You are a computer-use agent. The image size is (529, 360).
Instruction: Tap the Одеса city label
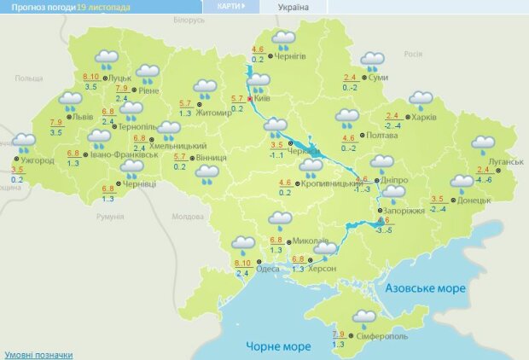coord(267,268)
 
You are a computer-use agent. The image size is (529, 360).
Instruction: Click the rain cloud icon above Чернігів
coord(283,39)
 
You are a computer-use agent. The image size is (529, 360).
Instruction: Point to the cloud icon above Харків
coord(420,100)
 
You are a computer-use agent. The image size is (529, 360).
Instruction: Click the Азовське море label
coord(426,288)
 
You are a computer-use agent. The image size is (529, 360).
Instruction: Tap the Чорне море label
coord(278,345)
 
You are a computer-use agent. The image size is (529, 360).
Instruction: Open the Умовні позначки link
coord(38,354)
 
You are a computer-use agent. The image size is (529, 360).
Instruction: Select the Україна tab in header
coord(294,8)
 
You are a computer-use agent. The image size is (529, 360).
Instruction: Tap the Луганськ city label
coord(506,161)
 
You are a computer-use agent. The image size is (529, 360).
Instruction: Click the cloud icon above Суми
coord(372,61)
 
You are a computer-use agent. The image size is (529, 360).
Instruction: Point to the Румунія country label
coord(110,217)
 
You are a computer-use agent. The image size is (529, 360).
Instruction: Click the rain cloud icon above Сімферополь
coord(366,319)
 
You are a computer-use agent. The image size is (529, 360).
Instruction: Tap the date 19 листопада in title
coord(104,7)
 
